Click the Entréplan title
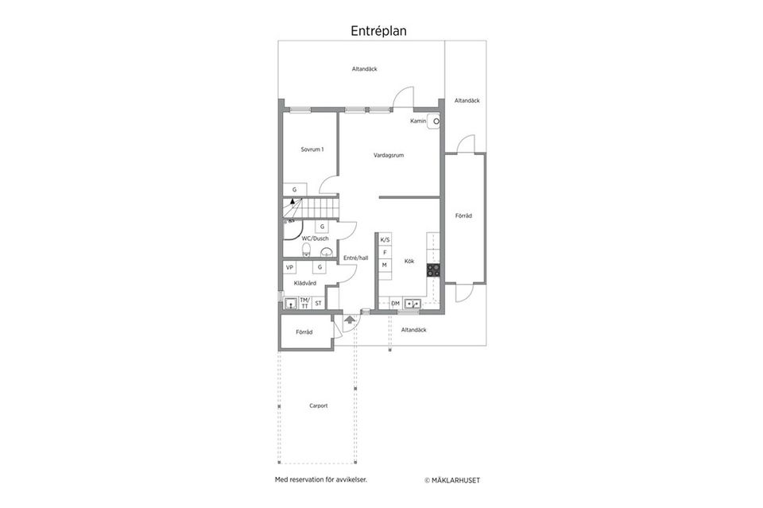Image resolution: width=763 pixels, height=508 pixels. [378, 31]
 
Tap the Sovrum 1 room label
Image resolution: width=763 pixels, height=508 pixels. [312, 149]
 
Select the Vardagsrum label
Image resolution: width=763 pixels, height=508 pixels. [389, 155]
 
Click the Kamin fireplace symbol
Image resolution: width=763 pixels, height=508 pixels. [434, 121]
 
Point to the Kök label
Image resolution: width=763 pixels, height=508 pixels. [409, 262]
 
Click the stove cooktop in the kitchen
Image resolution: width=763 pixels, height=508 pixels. [434, 270]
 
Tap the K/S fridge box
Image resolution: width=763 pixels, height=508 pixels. [385, 240]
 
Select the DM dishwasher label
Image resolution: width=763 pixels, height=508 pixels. [395, 304]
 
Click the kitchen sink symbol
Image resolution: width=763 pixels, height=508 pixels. [412, 304]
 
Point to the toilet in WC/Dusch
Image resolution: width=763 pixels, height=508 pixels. [306, 250]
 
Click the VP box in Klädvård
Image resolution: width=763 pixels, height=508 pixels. [290, 268]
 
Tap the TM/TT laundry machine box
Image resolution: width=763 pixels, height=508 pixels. [304, 303]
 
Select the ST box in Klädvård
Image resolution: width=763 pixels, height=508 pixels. [318, 303]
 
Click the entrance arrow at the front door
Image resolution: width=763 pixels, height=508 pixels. [350, 320]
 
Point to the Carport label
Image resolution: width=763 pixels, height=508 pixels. [319, 405]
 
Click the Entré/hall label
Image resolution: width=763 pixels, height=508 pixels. [356, 258]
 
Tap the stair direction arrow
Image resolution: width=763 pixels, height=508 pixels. [292, 200]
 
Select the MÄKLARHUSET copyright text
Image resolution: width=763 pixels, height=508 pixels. [452, 480]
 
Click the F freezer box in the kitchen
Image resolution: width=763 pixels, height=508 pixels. [385, 253]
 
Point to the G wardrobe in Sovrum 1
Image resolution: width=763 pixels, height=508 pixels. [295, 189]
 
